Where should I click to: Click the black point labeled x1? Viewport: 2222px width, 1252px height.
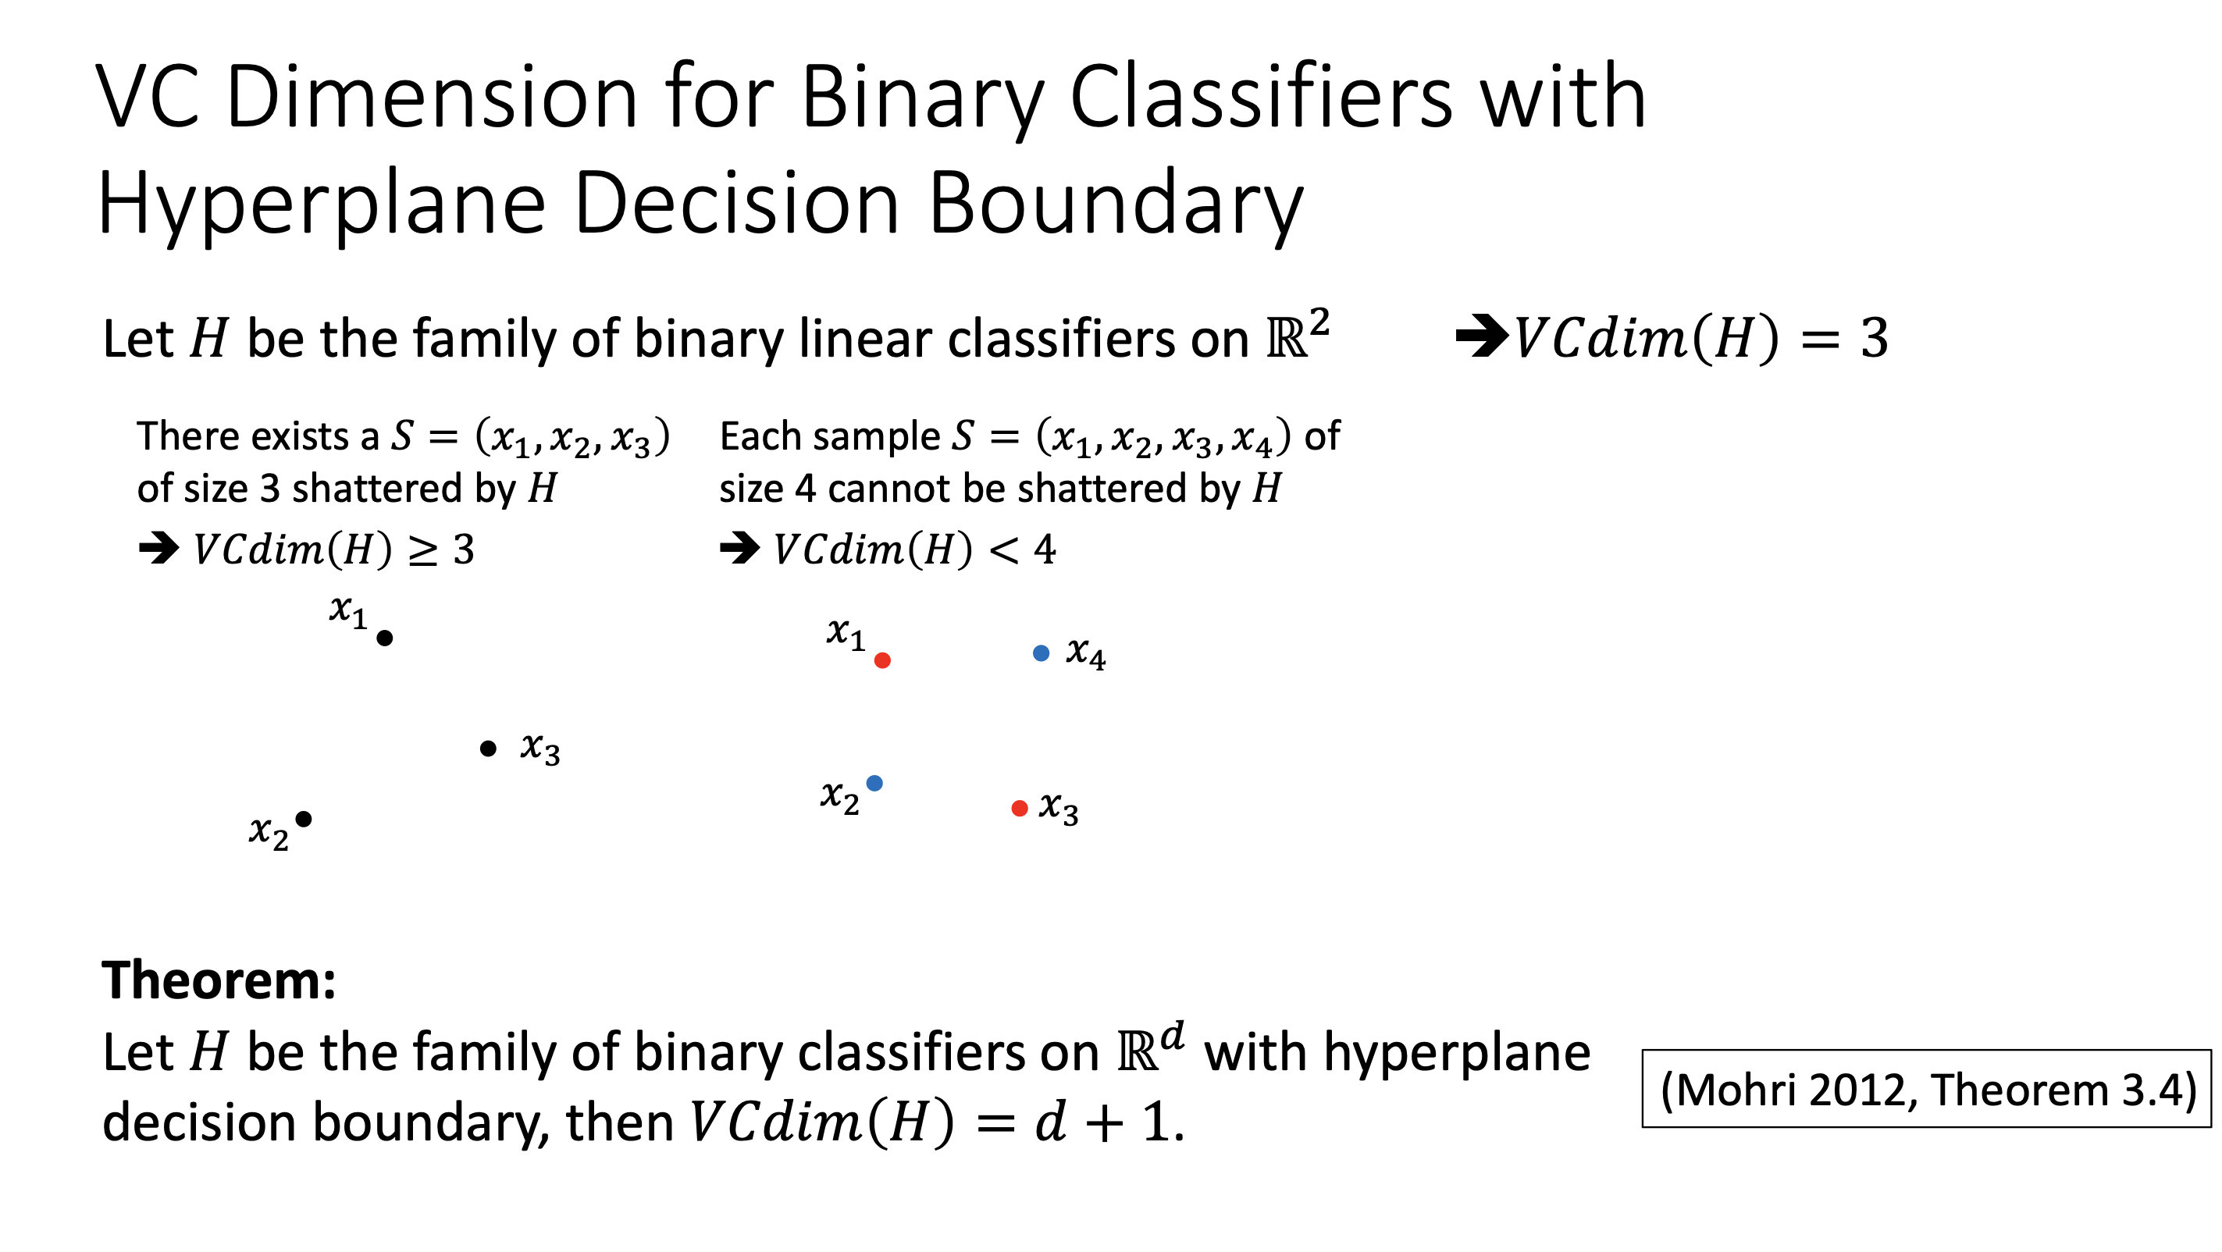(x=385, y=638)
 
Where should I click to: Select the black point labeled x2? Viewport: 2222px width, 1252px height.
(x=304, y=819)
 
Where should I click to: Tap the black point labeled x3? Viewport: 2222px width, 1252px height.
(x=488, y=749)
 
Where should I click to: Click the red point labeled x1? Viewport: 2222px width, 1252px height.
(x=882, y=660)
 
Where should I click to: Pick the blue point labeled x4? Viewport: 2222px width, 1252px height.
(x=1042, y=653)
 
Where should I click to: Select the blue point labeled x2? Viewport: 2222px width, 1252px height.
(x=874, y=783)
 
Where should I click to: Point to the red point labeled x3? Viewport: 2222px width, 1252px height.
(x=1020, y=808)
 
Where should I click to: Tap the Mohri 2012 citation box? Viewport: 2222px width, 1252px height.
(x=1927, y=1088)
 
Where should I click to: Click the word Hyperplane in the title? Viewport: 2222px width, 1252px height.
(x=322, y=205)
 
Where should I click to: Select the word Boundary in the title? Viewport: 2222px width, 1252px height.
(x=1116, y=205)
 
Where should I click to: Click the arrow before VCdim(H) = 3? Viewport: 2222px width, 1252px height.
(x=1482, y=336)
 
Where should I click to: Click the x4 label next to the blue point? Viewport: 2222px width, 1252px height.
(x=1086, y=653)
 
